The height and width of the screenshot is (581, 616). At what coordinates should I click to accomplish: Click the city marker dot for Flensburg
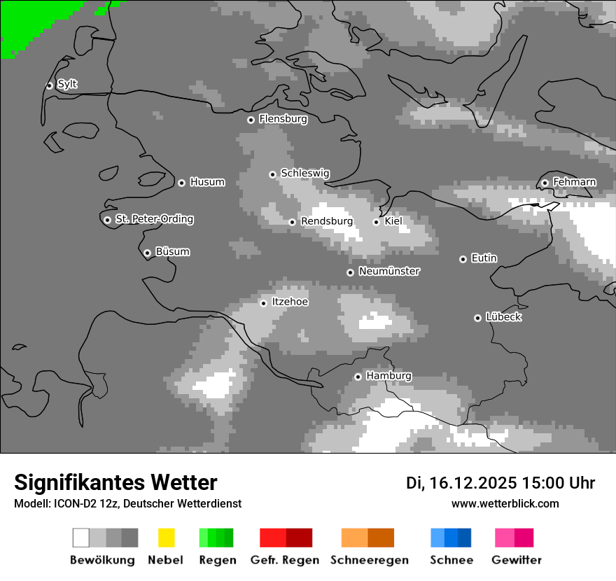tap(251, 120)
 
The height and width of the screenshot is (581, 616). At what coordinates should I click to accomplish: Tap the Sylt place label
tap(67, 85)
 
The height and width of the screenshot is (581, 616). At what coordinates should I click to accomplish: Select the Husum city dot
tap(181, 183)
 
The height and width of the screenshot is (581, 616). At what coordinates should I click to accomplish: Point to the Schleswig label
tap(305, 174)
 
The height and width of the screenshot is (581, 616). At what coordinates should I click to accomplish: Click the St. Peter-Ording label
tap(154, 219)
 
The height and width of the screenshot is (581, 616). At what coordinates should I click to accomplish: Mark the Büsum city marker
tap(147, 253)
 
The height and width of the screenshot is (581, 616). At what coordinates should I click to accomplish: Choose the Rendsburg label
tap(327, 222)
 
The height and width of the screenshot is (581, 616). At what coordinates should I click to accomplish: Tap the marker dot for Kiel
tap(376, 222)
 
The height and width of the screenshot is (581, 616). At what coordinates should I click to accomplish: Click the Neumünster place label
tap(389, 272)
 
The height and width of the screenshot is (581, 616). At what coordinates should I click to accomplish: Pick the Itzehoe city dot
tap(263, 303)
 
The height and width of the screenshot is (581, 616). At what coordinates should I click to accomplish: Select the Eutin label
tap(484, 258)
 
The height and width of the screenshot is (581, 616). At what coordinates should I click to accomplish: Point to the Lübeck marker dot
tap(477, 318)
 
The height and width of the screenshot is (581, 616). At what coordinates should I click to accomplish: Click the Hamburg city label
tap(389, 376)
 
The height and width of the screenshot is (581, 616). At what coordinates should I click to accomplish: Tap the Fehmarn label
tap(575, 183)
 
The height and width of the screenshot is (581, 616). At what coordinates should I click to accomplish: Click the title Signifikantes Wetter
tap(115, 482)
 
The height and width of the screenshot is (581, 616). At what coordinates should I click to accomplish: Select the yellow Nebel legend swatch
tap(166, 538)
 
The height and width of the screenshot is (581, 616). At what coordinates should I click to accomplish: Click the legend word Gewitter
tap(517, 560)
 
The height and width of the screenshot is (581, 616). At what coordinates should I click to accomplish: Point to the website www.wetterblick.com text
tap(505, 503)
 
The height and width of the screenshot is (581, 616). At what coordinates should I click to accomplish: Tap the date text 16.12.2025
tap(474, 483)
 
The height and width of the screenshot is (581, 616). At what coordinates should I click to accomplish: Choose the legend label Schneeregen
tap(370, 560)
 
